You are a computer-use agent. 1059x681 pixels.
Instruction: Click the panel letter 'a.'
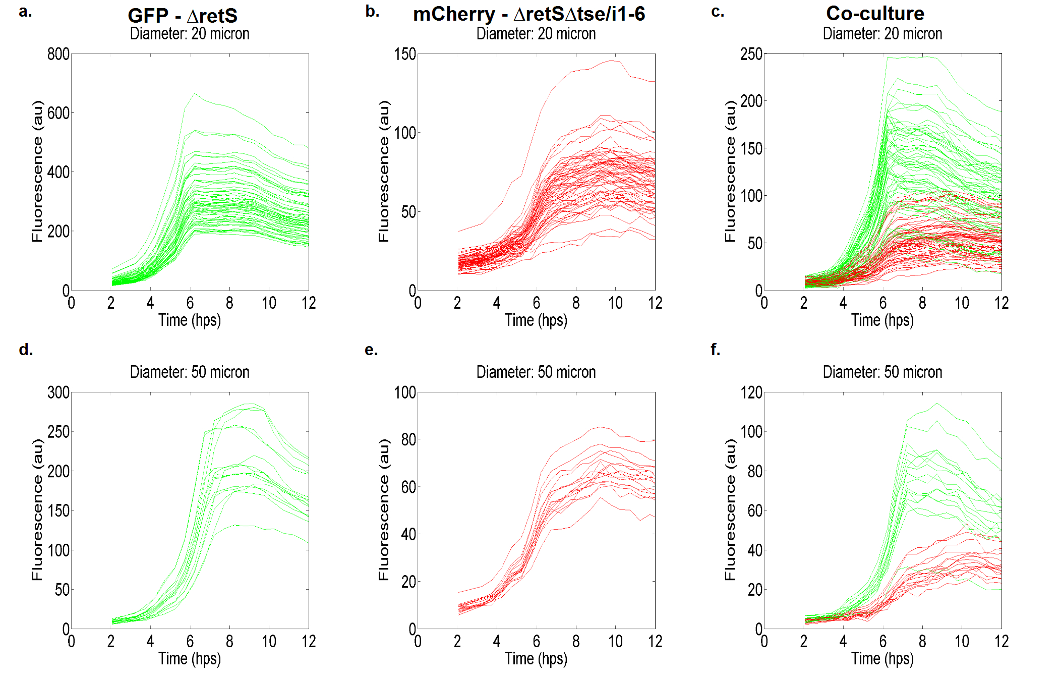point(25,11)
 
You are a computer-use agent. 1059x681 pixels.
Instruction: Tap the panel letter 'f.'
point(715,349)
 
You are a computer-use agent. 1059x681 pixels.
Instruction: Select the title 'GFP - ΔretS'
point(183,16)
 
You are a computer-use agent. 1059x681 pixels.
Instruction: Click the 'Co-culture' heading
point(875,14)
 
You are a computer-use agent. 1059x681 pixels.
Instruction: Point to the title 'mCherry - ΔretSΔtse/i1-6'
point(529,14)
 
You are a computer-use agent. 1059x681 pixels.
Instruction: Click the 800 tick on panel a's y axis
point(58,54)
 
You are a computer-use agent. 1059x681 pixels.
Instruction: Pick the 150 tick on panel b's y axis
point(405,54)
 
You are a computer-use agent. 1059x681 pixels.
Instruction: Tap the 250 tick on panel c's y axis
point(751,54)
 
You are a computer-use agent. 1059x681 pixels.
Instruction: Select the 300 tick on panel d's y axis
point(58,392)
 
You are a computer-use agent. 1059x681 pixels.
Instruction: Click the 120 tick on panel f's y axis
point(751,392)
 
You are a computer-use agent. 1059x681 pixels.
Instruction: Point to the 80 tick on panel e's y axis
point(408,439)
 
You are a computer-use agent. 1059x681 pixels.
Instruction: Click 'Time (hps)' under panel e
point(536,658)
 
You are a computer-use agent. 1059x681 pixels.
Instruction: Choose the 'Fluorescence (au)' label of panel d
point(37,509)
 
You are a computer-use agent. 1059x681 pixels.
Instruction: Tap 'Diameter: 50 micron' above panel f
point(883,372)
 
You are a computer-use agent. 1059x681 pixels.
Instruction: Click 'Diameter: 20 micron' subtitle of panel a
point(190,34)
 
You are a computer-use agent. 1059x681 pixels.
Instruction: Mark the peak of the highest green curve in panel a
point(195,93)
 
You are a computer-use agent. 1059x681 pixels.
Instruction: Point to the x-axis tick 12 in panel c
point(1002,303)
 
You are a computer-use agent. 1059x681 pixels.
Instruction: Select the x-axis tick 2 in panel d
point(111,642)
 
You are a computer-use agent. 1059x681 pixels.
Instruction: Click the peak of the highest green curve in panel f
point(937,404)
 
